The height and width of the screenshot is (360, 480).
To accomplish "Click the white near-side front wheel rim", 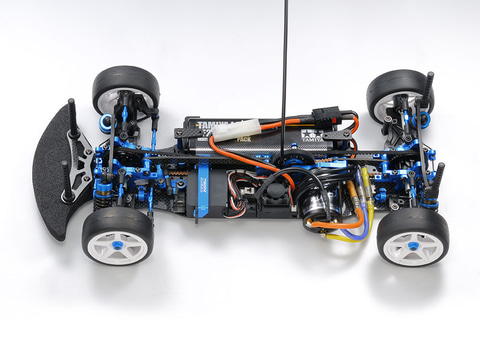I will point(117,240).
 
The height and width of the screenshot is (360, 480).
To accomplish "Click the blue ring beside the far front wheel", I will point(106,124).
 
